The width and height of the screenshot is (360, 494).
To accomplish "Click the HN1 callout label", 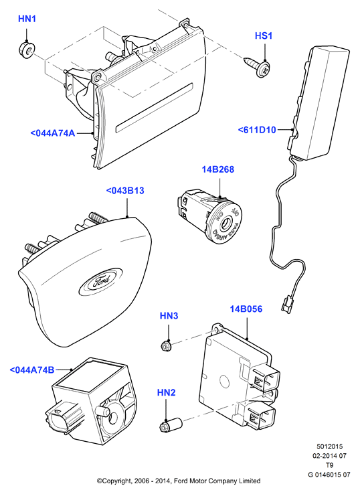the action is tap(27, 19).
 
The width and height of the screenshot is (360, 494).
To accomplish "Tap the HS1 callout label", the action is tap(263, 36).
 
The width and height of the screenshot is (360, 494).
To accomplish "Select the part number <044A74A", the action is tap(53, 133).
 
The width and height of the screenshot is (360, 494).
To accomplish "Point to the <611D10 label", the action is tap(257, 130).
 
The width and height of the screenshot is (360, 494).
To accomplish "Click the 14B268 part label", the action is tap(218, 169).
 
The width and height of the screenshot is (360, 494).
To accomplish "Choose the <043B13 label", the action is tap(125, 191).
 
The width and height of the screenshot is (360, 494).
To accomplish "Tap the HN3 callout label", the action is tap(169, 316).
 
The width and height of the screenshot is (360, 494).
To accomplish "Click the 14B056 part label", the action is tap(246, 309).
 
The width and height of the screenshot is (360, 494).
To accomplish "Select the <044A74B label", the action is tap(32, 370).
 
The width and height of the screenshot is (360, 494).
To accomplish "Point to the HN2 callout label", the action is tap(166, 393).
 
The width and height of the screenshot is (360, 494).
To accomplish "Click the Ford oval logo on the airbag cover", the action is tap(100, 280).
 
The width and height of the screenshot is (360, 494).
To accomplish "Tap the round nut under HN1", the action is tap(26, 50).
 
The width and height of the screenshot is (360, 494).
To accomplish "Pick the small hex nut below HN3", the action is tap(165, 346).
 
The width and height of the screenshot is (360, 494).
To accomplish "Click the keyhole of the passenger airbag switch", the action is tap(226, 224).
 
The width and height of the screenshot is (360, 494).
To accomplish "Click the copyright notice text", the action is tap(179, 481).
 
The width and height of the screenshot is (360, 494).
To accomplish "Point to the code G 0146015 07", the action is tap(329, 475).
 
